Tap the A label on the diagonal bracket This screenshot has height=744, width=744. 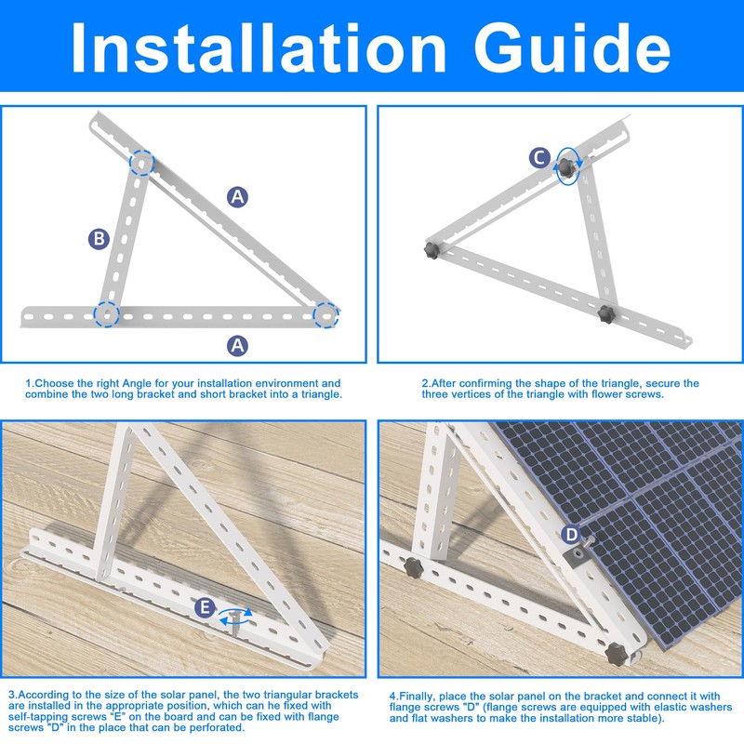[238, 196]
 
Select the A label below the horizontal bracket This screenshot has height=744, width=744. [238, 345]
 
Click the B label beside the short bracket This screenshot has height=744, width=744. [99, 239]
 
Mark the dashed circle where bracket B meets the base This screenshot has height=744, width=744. [107, 314]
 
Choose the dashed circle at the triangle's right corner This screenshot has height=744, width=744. [325, 314]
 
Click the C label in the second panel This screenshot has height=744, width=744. [538, 158]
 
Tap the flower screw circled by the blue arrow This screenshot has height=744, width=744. [565, 166]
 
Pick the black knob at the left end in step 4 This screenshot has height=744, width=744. [409, 565]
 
